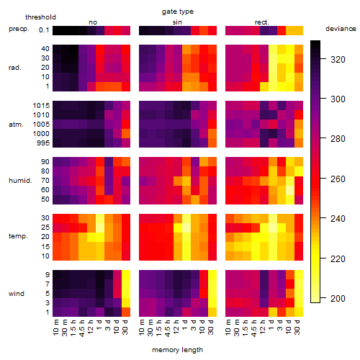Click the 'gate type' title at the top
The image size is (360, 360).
pos(178,12)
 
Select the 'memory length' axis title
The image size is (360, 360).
pos(177,350)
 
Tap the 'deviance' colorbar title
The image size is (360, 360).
pos(341,29)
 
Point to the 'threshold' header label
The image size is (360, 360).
pos(40,17)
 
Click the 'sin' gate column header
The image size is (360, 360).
pos(177,22)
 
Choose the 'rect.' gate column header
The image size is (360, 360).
pos(261,22)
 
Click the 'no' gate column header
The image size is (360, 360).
pos(93,22)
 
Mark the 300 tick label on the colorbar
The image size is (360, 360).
pos(338,99)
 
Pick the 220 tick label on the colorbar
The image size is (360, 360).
pos(338,259)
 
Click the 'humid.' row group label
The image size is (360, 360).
pos(20,181)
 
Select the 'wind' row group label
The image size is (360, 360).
pos(17,294)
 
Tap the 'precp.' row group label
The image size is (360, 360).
pos(19,29)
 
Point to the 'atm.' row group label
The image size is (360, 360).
pos(16,125)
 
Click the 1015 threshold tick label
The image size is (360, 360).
pos(41,106)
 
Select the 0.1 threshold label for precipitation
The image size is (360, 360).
pos(44,30)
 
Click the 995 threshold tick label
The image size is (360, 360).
pos(43,143)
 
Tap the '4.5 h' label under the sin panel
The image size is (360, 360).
pos(168,328)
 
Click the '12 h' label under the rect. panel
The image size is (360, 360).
pos(263,327)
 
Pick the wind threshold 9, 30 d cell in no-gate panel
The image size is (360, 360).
pos(126,275)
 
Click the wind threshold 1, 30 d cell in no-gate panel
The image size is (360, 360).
pos(126,312)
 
